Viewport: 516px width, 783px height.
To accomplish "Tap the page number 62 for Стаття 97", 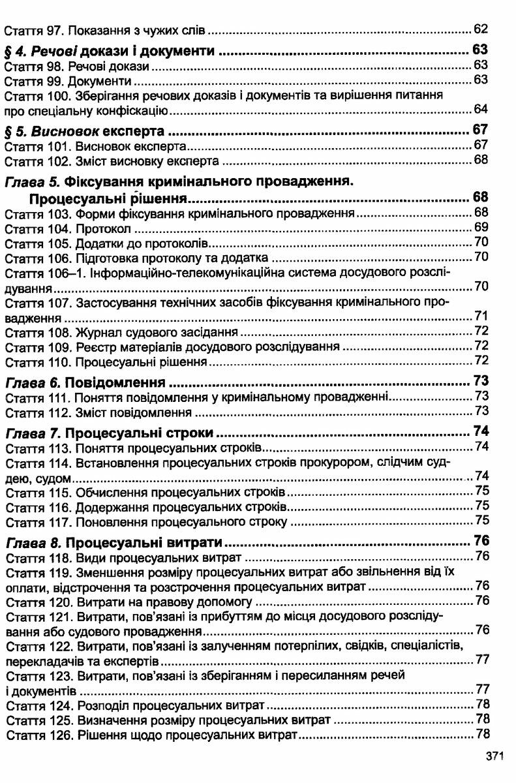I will point(481,29).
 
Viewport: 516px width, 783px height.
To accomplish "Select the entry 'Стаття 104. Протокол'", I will point(68,228).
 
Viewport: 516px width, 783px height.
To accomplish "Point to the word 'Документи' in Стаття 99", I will point(104,80).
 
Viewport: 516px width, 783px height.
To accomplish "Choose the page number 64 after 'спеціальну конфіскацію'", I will point(481,109).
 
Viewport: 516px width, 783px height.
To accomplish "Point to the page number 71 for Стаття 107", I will point(481,317).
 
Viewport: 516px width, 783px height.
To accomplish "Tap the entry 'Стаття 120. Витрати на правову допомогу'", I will point(128,600).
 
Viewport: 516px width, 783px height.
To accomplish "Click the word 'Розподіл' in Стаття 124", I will point(99,705).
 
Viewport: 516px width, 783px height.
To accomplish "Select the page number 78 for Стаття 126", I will point(482,735).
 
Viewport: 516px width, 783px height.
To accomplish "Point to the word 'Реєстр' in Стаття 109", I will point(93,346).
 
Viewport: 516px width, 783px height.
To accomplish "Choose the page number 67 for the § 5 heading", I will point(480,129).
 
